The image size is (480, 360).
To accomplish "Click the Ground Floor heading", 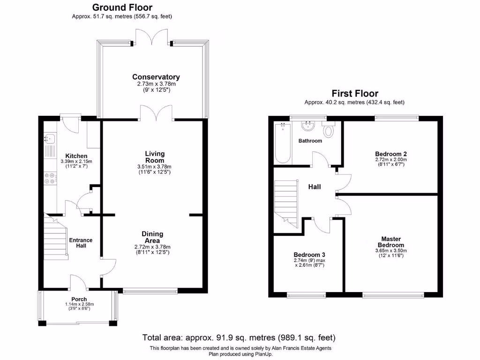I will (122, 7).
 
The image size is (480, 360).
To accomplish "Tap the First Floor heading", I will (354, 93).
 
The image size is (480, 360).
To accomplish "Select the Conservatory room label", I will (156, 77).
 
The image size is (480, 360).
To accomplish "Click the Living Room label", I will (154, 157).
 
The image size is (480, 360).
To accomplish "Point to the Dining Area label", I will (152, 237).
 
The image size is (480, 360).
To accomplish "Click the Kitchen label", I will (76, 156).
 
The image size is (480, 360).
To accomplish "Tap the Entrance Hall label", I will (81, 243).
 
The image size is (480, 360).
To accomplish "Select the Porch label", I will (79, 300).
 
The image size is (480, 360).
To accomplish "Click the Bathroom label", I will (310, 141).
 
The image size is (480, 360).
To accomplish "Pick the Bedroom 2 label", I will (390, 154).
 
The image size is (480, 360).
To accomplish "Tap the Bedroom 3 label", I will (309, 255).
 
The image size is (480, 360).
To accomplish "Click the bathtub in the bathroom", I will (283, 142).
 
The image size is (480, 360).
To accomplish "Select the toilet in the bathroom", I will (329, 130).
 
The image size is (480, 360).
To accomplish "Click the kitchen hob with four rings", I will (50, 179).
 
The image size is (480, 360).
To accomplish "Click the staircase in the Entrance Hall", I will (56, 239).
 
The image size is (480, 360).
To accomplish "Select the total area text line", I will (239, 337).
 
